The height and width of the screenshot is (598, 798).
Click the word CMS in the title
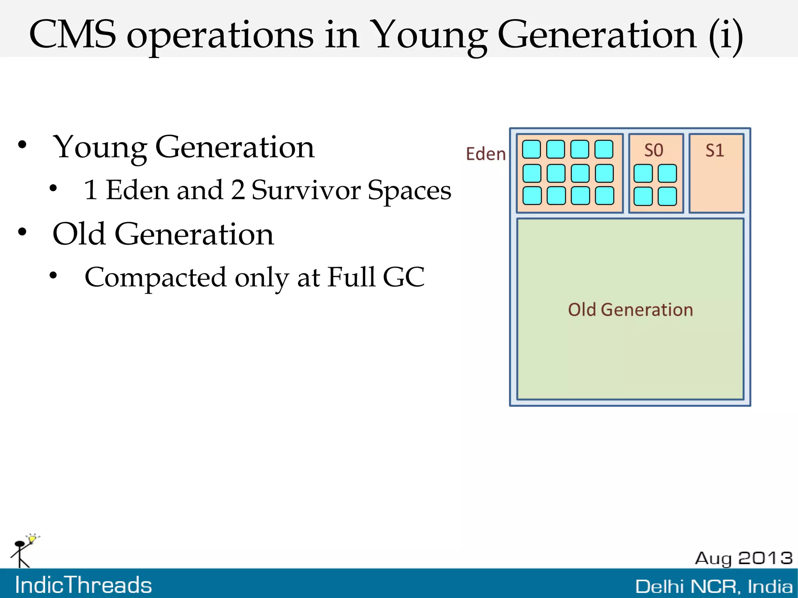[x=72, y=35]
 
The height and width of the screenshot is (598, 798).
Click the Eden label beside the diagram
[x=486, y=154]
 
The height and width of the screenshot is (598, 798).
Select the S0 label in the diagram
[x=653, y=150]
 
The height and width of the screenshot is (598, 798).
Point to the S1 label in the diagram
[x=715, y=150]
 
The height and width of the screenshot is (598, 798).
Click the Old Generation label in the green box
[x=630, y=310]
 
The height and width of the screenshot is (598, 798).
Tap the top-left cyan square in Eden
[x=531, y=149]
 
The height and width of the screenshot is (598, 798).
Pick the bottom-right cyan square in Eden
[x=604, y=196]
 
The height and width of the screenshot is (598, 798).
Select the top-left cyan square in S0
[x=643, y=173]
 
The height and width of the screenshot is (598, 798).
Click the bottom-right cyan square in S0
[x=667, y=196]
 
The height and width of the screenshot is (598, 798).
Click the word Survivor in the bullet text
[x=306, y=191]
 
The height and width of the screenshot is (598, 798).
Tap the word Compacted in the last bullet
[x=155, y=277]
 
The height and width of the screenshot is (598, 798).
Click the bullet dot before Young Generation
[x=22, y=145]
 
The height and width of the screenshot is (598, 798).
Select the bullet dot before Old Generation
[x=22, y=232]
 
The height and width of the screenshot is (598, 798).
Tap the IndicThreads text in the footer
[x=83, y=585]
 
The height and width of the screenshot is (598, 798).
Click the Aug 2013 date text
[x=743, y=558]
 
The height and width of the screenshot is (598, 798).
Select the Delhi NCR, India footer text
[x=714, y=586]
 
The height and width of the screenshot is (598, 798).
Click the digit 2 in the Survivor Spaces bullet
[x=238, y=191]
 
